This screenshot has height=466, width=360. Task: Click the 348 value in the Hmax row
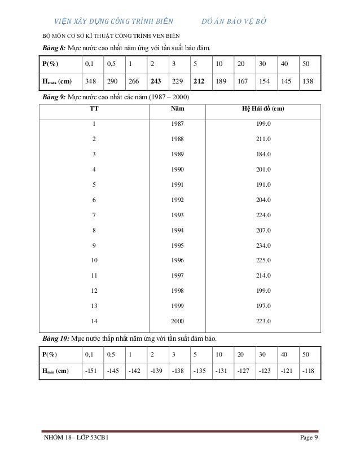click(90, 81)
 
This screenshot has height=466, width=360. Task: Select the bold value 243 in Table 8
click(156, 81)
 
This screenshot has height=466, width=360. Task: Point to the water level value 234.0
click(264, 245)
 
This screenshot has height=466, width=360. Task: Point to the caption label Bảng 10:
click(56, 338)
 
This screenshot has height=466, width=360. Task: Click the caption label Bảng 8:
click(54, 47)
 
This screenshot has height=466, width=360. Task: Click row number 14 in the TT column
click(94, 322)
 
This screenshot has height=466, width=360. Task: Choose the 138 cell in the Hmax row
click(308, 81)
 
